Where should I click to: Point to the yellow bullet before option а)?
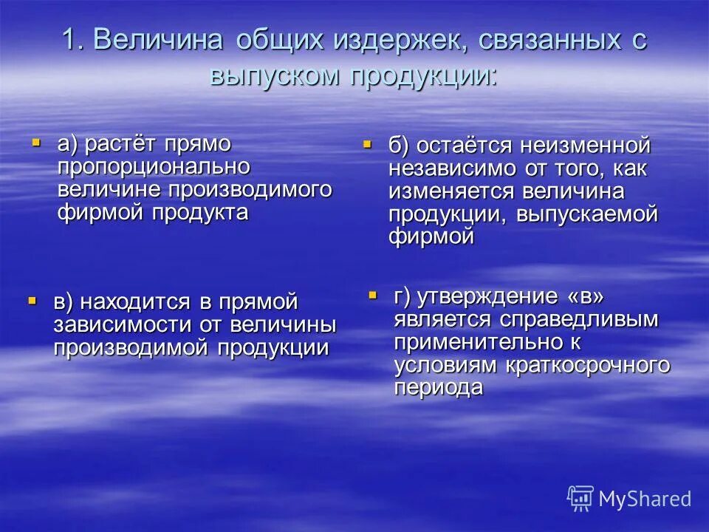pyautogui.click(x=35, y=139)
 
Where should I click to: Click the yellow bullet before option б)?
pyautogui.click(x=366, y=144)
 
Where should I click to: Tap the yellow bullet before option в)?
pyautogui.click(x=32, y=300)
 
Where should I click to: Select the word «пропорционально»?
pyautogui.click(x=154, y=167)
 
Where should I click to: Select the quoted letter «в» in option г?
pyautogui.click(x=586, y=297)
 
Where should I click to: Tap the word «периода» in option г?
pyautogui.click(x=438, y=388)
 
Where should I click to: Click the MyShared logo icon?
pyautogui.click(x=580, y=498)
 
